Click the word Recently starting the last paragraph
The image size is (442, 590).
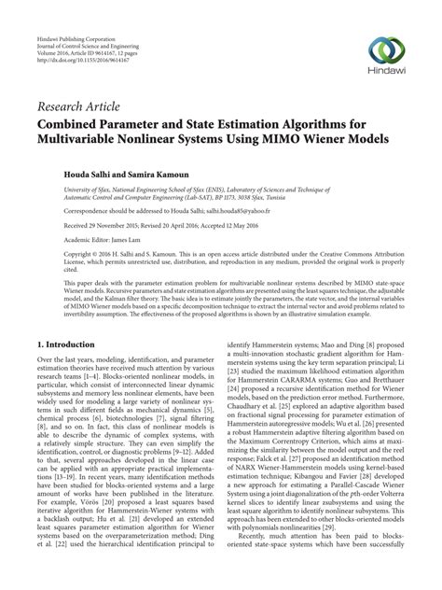click(x=246, y=564)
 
